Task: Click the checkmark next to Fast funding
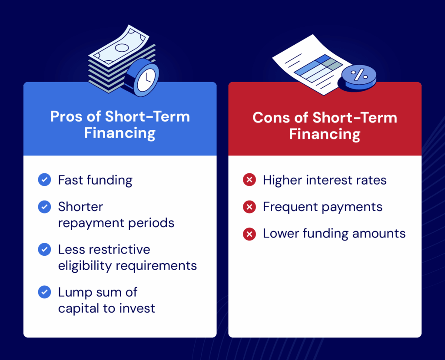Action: [x=44, y=180]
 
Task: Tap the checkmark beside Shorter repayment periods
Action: [x=44, y=207]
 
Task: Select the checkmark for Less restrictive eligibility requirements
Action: [x=44, y=249]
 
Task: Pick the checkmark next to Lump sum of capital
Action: [x=44, y=292]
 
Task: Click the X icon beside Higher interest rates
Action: [x=249, y=180]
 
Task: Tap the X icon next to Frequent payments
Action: [x=249, y=207]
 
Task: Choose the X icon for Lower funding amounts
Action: [x=249, y=234]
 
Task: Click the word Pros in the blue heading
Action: [x=67, y=117]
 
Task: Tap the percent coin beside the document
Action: [x=359, y=76]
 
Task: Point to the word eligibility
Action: [x=83, y=265]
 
